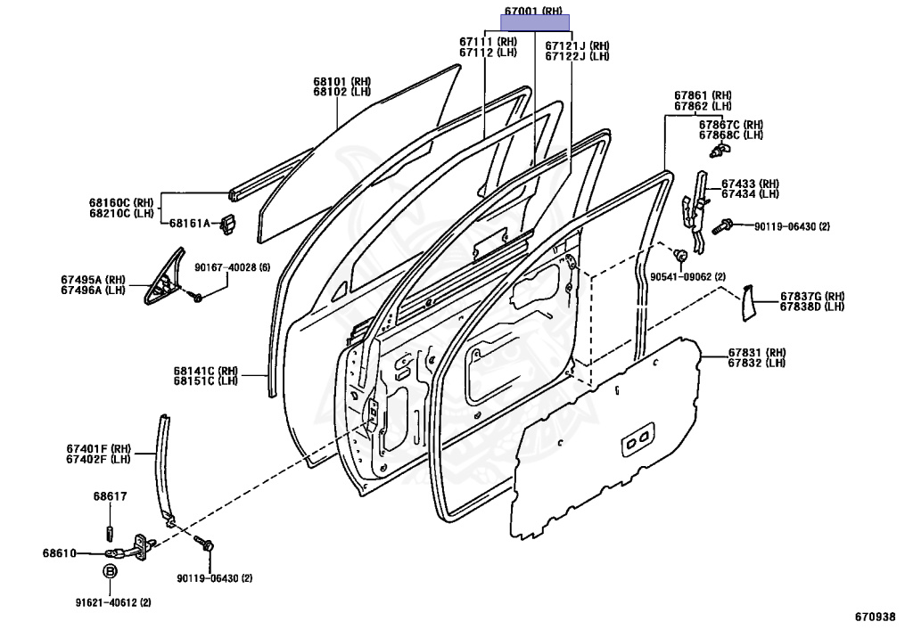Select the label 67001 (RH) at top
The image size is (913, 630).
534,12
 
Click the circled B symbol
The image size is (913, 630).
110,572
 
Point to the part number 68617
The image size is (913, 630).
110,496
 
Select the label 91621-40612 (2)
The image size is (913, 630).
112,602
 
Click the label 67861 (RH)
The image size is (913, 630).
703,95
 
